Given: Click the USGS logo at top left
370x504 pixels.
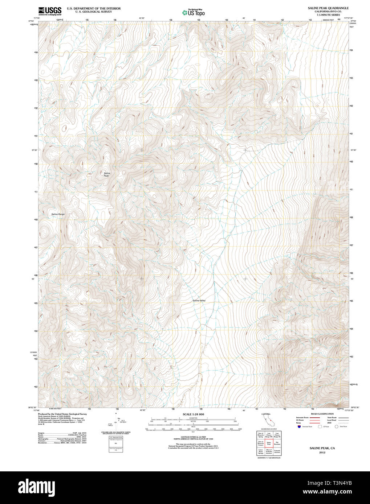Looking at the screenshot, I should (x=50, y=11).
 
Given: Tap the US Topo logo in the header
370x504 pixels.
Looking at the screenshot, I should (x=194, y=13).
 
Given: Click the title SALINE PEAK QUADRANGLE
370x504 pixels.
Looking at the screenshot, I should (x=328, y=8).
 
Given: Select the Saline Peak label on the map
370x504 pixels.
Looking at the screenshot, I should (x=107, y=174).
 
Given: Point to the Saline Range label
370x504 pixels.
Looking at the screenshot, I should (x=58, y=214).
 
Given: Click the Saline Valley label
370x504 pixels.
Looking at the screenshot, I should (x=199, y=301).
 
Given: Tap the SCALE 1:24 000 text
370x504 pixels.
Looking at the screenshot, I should (x=193, y=414).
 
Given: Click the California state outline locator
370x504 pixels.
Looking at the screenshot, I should (x=268, y=420).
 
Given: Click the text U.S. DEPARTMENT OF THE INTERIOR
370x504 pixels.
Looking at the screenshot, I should (x=94, y=8).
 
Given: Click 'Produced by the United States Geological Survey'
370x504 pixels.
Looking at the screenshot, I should (x=62, y=414).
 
